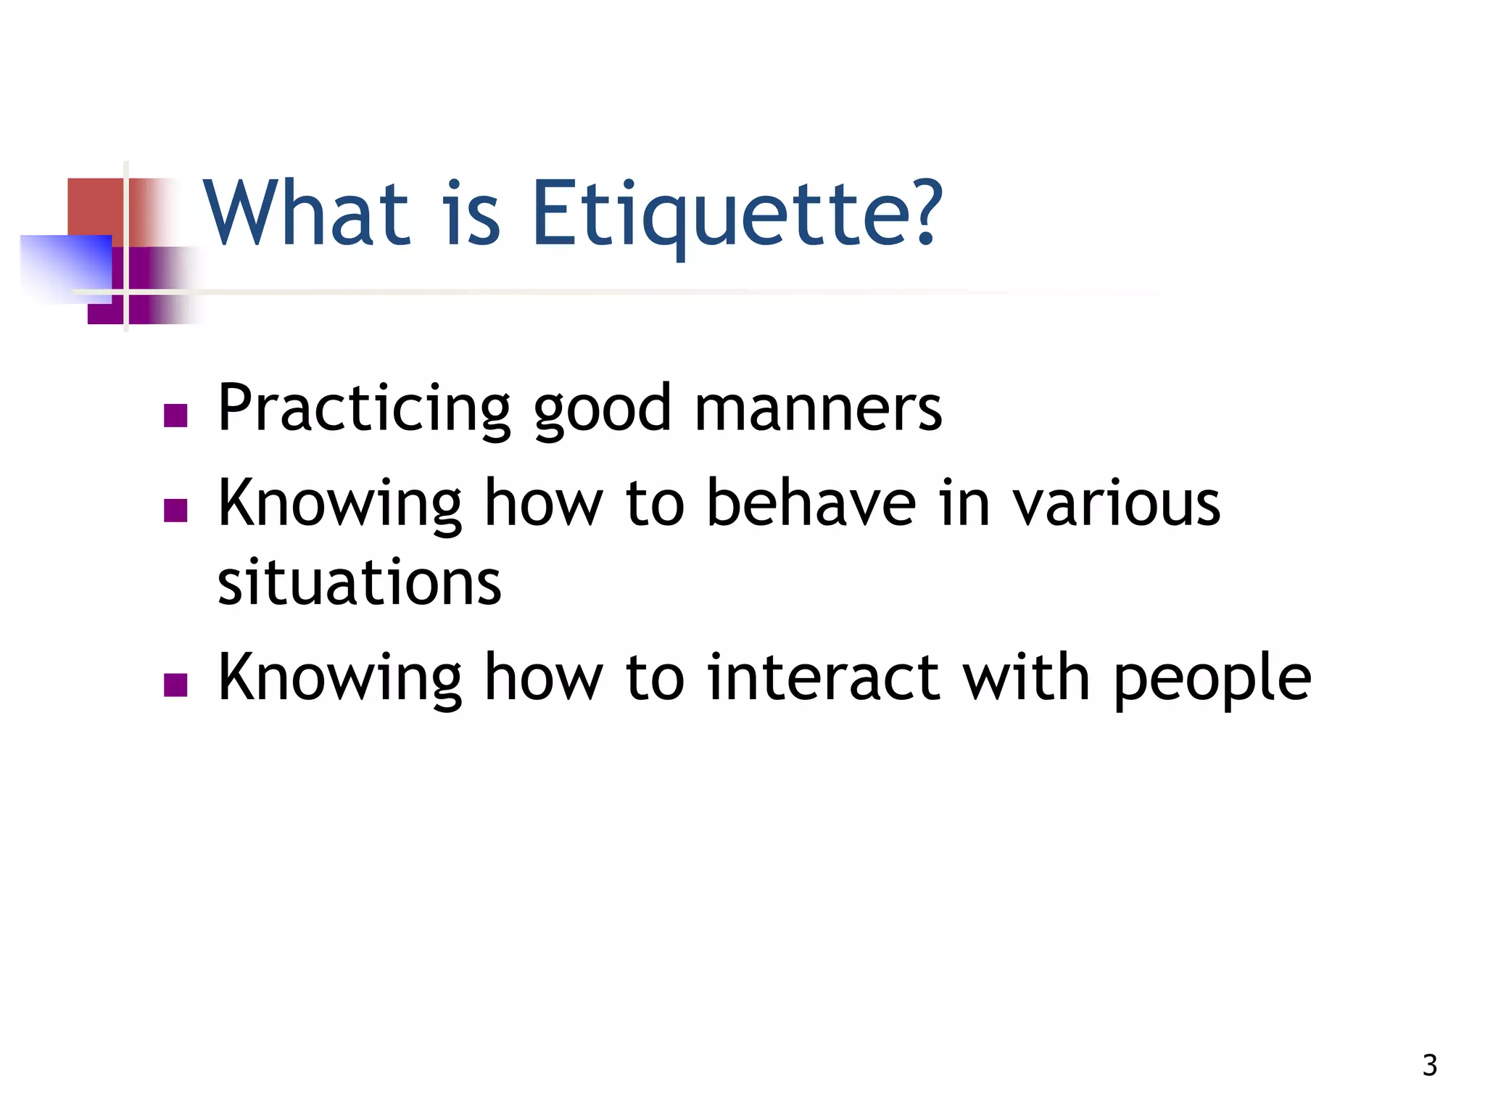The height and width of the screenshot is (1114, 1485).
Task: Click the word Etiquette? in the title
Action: point(736,215)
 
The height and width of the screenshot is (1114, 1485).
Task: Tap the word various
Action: point(1117,503)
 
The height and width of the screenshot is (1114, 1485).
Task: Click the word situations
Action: point(359,583)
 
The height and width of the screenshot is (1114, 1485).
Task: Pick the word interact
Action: point(822,677)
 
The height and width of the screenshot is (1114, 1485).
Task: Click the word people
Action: point(1212,680)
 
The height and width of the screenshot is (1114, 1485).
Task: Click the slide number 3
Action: point(1429,1065)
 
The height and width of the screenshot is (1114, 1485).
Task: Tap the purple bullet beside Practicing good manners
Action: point(175,416)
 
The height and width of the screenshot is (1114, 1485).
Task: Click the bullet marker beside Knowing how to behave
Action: point(175,511)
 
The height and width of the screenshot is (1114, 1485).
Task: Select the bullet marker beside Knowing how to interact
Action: point(175,685)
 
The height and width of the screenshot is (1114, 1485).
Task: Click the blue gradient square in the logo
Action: point(65,268)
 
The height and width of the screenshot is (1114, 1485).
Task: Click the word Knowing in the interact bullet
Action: point(339,679)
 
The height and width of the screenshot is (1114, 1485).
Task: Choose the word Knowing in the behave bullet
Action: point(339,505)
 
